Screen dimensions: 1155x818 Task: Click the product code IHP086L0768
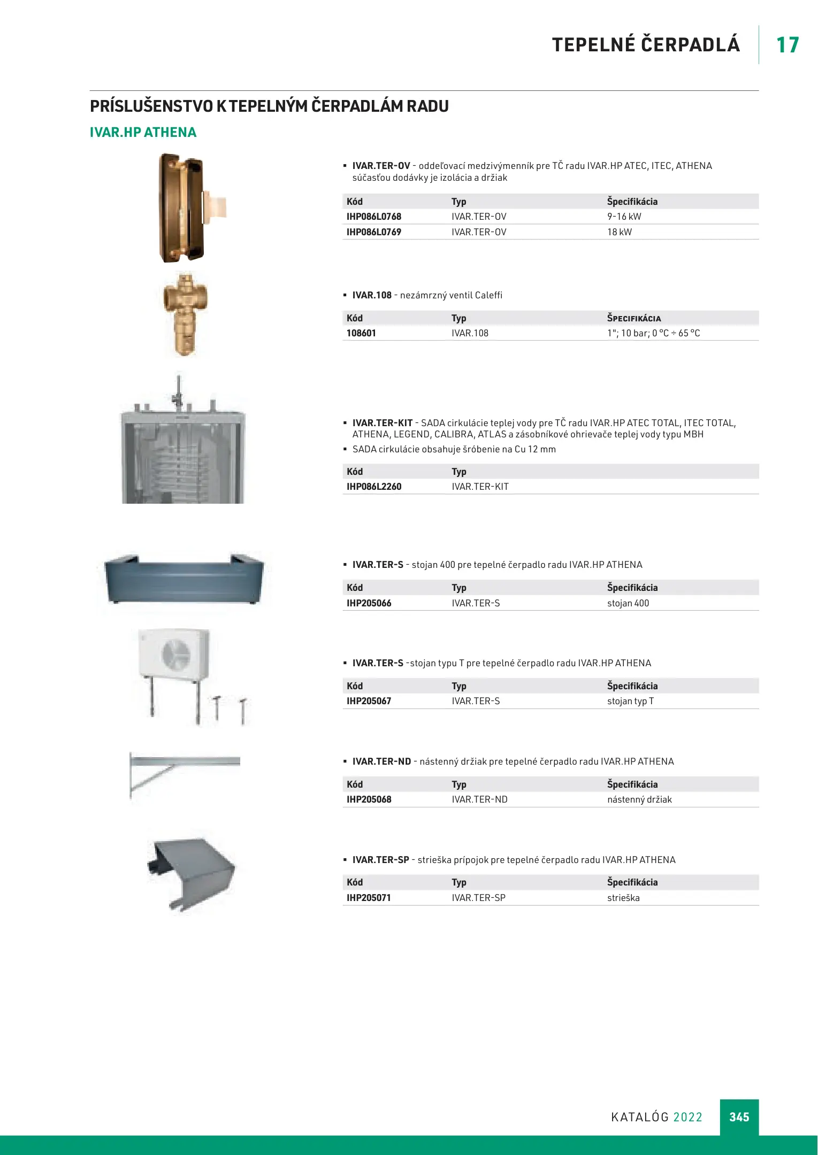pos(373,217)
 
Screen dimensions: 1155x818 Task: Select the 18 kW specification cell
pos(619,232)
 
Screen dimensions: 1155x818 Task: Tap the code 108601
pos(361,333)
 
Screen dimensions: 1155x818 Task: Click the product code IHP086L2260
pos(373,487)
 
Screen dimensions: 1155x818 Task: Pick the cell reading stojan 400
pos(628,603)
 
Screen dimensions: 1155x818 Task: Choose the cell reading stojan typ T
pos(630,701)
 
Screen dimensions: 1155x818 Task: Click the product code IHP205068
pos(369,799)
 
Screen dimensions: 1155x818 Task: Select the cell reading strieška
pos(623,898)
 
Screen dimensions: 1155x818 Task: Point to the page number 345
pos(739,1117)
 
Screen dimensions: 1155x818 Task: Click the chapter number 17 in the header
pos(788,45)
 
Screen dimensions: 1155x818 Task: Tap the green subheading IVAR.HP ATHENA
pos(143,133)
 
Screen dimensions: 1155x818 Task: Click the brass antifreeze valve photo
pos(185,314)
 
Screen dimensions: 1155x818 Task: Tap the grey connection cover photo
pos(190,871)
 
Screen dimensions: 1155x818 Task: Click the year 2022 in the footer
pos(687,1117)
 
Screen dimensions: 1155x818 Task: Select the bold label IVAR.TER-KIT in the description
pos(382,423)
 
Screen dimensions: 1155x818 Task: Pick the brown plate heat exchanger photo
pos(182,207)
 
